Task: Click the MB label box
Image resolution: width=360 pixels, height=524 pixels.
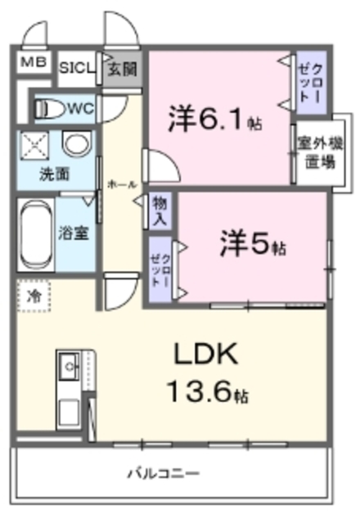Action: tap(33, 63)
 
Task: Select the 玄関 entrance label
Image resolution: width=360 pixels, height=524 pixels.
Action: tap(121, 69)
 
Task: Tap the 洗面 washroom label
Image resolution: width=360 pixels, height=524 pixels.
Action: tap(55, 174)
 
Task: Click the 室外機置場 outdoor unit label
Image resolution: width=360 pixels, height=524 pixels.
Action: tap(314, 155)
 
